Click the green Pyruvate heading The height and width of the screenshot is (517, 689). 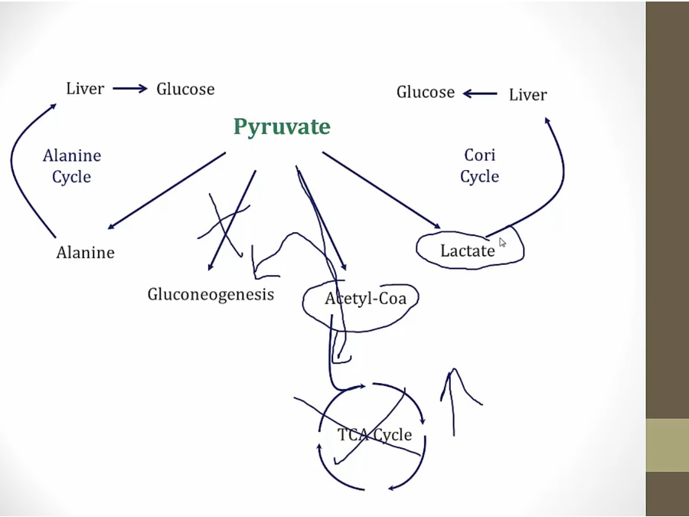(282, 126)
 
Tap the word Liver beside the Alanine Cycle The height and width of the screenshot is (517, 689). (84, 89)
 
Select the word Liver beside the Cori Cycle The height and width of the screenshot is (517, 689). (527, 95)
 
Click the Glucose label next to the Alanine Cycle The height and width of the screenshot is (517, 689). (185, 89)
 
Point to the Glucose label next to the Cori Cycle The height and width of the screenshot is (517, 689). (425, 93)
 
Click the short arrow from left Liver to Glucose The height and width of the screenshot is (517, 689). (129, 89)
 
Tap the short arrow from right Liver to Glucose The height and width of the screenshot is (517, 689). (480, 94)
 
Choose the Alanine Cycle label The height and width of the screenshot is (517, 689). (72, 166)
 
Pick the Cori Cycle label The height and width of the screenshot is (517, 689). (479, 165)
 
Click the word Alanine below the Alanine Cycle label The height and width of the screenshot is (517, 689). (85, 253)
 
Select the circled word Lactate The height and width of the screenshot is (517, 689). (467, 250)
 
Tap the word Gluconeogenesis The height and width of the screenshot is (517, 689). (211, 294)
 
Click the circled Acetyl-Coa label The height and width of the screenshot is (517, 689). (364, 298)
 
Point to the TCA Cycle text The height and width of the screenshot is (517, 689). (374, 435)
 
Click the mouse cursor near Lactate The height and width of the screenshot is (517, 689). (503, 242)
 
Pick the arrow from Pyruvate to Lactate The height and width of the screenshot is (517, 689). (381, 190)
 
